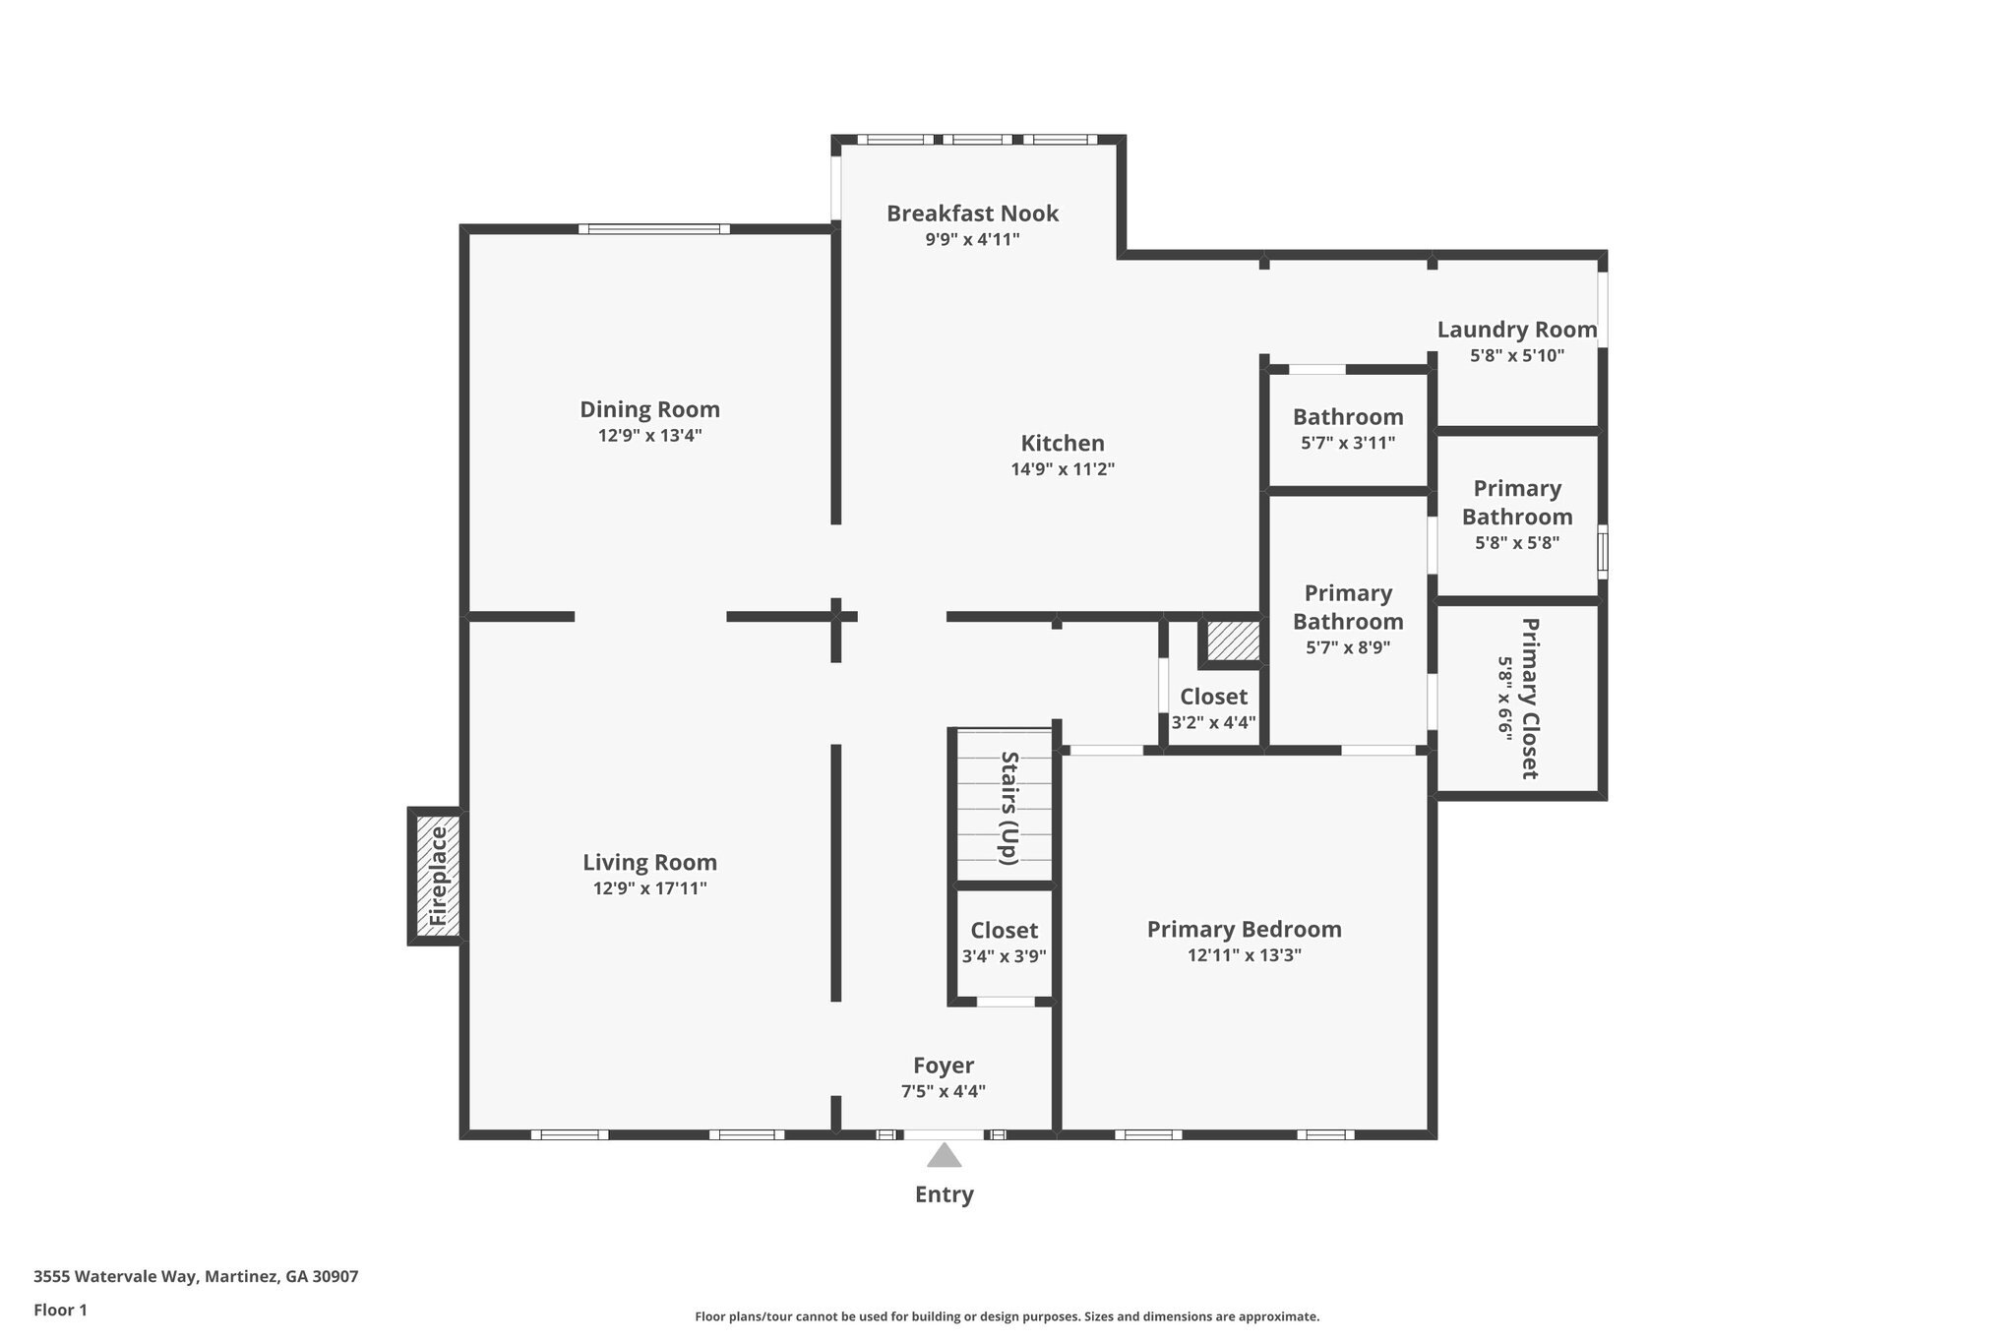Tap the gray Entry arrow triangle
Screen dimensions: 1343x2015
click(x=944, y=1156)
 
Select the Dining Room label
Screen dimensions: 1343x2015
click(x=649, y=409)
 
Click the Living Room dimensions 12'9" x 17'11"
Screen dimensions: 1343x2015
click(x=649, y=888)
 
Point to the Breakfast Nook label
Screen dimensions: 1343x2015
click(x=972, y=214)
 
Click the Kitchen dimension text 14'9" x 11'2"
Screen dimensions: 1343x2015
click(x=1063, y=469)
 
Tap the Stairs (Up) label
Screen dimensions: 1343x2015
click(x=1008, y=808)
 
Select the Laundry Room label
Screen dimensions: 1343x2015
click(x=1516, y=330)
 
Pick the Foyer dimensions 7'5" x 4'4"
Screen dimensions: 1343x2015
click(x=943, y=1091)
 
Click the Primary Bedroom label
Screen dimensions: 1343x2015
click(x=1244, y=929)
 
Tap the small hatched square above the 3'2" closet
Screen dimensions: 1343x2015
click(x=1233, y=641)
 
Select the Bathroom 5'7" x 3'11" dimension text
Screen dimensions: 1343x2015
click(x=1347, y=443)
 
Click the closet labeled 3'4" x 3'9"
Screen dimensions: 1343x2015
click(x=1004, y=943)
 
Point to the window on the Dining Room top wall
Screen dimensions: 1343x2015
click(x=653, y=229)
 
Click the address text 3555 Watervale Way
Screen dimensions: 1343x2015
click(x=196, y=1277)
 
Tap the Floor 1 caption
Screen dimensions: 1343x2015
click(x=60, y=1310)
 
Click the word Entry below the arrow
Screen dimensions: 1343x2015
click(x=944, y=1194)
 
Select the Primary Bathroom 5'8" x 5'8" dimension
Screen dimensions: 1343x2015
click(x=1516, y=542)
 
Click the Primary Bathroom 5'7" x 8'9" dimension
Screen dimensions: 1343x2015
click(x=1347, y=647)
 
